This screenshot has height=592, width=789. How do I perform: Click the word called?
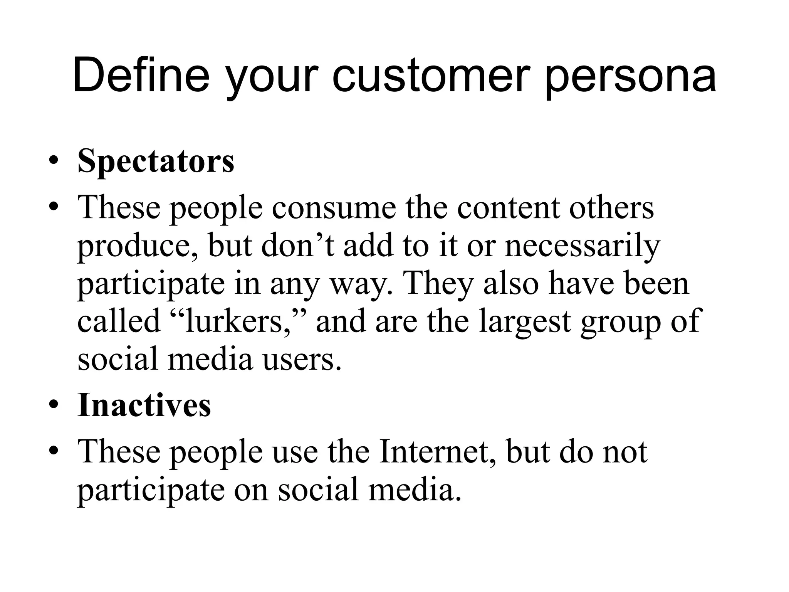tap(119, 321)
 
